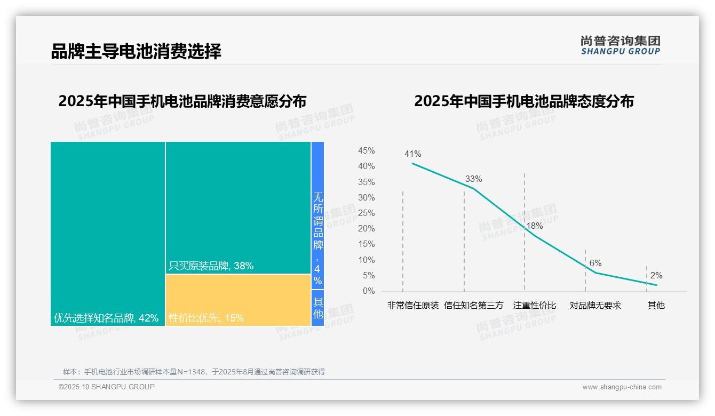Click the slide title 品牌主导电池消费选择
coord(136,51)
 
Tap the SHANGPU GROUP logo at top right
coord(620,45)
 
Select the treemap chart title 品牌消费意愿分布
coord(182,101)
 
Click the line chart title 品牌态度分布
coord(523,101)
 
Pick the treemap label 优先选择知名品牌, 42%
coord(106,318)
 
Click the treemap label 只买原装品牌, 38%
coord(211,266)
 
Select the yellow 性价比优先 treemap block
coord(238,300)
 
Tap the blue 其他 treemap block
coord(317,308)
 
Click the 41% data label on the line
coord(412,154)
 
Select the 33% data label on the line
coord(473,179)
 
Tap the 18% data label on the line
coord(534,226)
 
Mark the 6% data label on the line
coord(595,263)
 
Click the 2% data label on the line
coord(656,276)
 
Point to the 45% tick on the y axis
coord(366,151)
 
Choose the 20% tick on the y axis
coord(366,229)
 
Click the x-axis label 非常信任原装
coord(412,306)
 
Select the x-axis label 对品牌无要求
coord(595,306)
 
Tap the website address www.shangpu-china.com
coord(622,387)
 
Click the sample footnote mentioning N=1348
coord(194,372)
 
